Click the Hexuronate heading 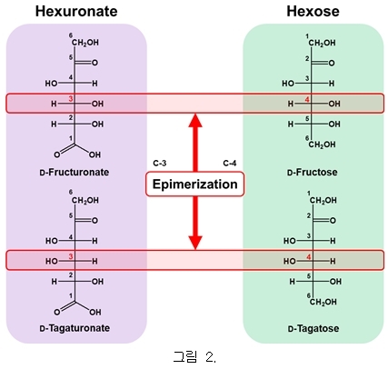(x=76, y=11)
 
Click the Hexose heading (x=313, y=11)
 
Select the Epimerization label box (x=194, y=184)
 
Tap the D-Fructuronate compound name (x=75, y=173)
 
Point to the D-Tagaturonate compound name (x=75, y=328)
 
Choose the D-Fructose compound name (x=312, y=173)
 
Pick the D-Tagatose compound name (x=313, y=328)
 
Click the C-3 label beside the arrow (x=160, y=164)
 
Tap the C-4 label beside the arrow (x=230, y=164)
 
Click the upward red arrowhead (x=195, y=120)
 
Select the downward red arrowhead (x=195, y=243)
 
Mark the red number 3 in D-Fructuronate (x=71, y=99)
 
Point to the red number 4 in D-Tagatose (x=309, y=257)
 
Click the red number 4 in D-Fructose (x=307, y=99)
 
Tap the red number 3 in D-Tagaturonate (x=71, y=257)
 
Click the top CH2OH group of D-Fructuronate (x=85, y=43)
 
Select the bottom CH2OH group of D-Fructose (x=322, y=145)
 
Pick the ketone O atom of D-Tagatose (x=333, y=221)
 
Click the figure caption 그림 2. (x=194, y=356)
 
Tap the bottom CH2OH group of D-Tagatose (x=323, y=302)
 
